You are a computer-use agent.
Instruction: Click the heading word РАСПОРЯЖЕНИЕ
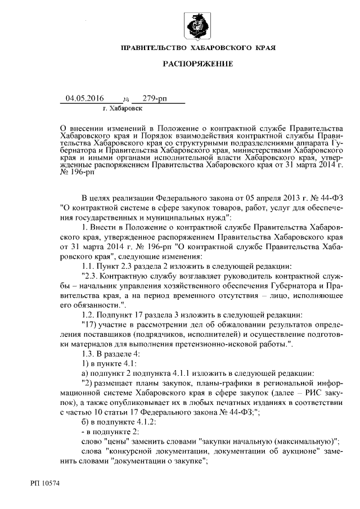coord(197,65)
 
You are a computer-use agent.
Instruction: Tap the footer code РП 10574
coord(46,483)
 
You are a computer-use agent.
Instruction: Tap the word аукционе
coord(284,451)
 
